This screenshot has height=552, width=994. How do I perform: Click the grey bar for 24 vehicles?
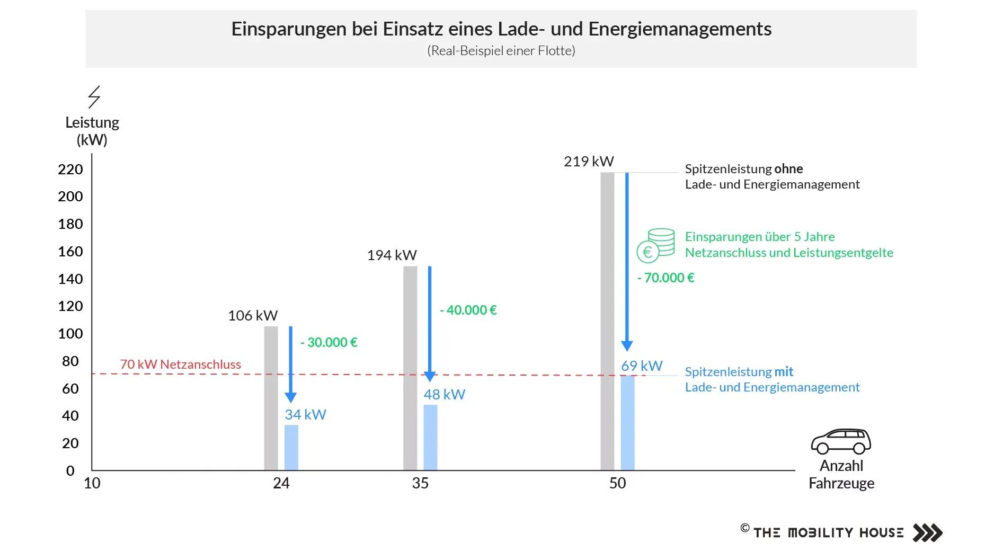point(271,398)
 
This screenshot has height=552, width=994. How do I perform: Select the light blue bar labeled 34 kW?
point(291,448)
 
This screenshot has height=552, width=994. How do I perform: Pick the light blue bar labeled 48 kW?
point(430,438)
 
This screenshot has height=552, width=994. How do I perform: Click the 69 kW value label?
point(642,366)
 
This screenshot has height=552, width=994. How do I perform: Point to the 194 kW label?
point(392,255)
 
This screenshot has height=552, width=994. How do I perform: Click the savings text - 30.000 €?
point(329,343)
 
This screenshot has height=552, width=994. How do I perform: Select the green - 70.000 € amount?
point(666,278)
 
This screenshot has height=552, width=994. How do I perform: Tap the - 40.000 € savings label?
point(468,310)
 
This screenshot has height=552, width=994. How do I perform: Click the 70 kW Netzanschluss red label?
point(180,364)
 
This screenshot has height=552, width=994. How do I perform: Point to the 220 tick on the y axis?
point(70,170)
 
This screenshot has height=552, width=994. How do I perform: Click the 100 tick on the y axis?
point(70,334)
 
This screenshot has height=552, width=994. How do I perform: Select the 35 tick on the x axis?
point(420,483)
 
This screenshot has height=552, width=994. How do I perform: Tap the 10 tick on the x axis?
point(92,483)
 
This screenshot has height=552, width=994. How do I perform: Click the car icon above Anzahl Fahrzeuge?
point(841,441)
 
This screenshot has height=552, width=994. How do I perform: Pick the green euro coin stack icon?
point(656,245)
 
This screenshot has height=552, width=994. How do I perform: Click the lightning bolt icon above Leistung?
point(94,97)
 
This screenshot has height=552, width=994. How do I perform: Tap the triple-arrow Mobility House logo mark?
point(927,532)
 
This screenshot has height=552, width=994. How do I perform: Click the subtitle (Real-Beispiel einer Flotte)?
point(501,51)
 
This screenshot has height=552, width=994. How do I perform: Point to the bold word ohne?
point(788,169)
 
